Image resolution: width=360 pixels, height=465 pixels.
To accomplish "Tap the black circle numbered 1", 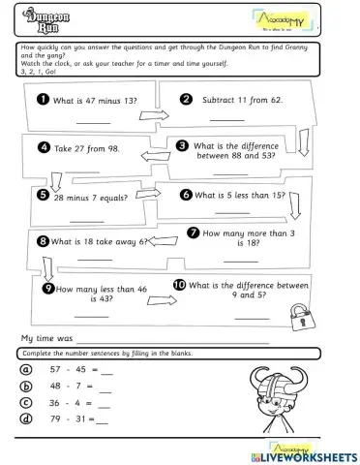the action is point(44,100).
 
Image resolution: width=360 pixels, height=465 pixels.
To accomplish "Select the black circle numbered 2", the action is point(187,99).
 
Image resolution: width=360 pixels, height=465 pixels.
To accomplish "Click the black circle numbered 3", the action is point(183,145).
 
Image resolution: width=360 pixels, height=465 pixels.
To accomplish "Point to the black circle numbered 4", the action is point(44,147).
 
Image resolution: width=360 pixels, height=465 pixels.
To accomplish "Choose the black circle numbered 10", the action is point(179,285).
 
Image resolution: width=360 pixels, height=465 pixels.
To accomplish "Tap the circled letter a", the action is point(26,369).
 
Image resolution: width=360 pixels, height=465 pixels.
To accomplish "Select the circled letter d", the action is point(26,418).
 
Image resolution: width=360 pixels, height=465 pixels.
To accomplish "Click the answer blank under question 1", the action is point(94,121).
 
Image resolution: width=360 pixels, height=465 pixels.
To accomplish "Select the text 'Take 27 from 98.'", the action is point(87,148).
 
